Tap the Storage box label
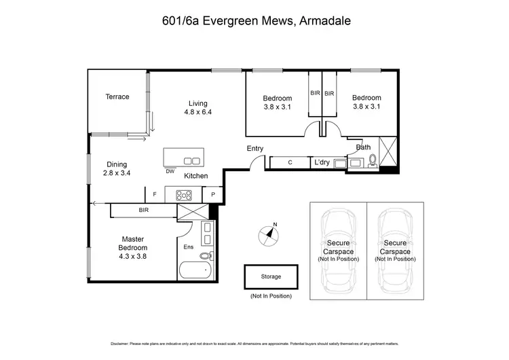[x=270, y=276]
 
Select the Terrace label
[x=117, y=96]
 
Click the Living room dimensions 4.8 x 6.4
[x=197, y=112]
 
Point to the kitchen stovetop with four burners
[x=184, y=194]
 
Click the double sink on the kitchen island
[x=192, y=160]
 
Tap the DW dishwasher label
[x=169, y=171]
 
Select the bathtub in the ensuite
[x=196, y=272]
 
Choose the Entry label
[x=255, y=148]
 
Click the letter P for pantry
[x=212, y=194]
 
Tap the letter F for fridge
[x=155, y=194]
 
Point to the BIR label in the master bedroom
[x=143, y=211]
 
